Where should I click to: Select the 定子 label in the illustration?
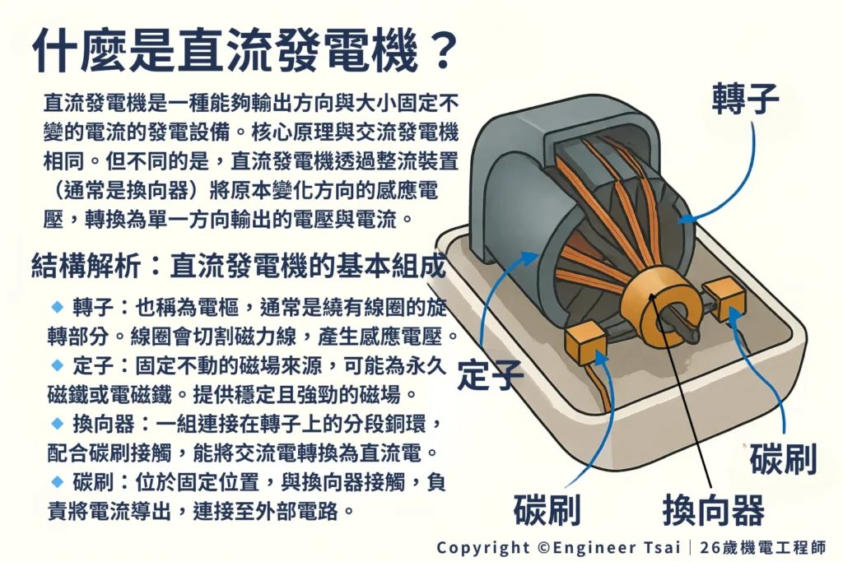[x=490, y=374]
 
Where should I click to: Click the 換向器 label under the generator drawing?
[x=714, y=510]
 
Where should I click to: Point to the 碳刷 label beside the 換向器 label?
[x=547, y=510]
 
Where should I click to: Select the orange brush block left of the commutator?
[x=585, y=343]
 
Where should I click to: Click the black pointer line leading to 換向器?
[x=682, y=389]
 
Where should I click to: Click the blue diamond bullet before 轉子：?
[x=57, y=307]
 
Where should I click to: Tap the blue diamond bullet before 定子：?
[x=57, y=365]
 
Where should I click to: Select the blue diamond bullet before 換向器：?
[x=57, y=424]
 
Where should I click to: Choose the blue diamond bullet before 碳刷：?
[x=57, y=481]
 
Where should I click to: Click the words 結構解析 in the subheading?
[x=86, y=266]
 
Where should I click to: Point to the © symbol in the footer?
[x=543, y=547]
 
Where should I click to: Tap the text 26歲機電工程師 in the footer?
[x=763, y=547]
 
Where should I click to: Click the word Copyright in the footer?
[x=482, y=548]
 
